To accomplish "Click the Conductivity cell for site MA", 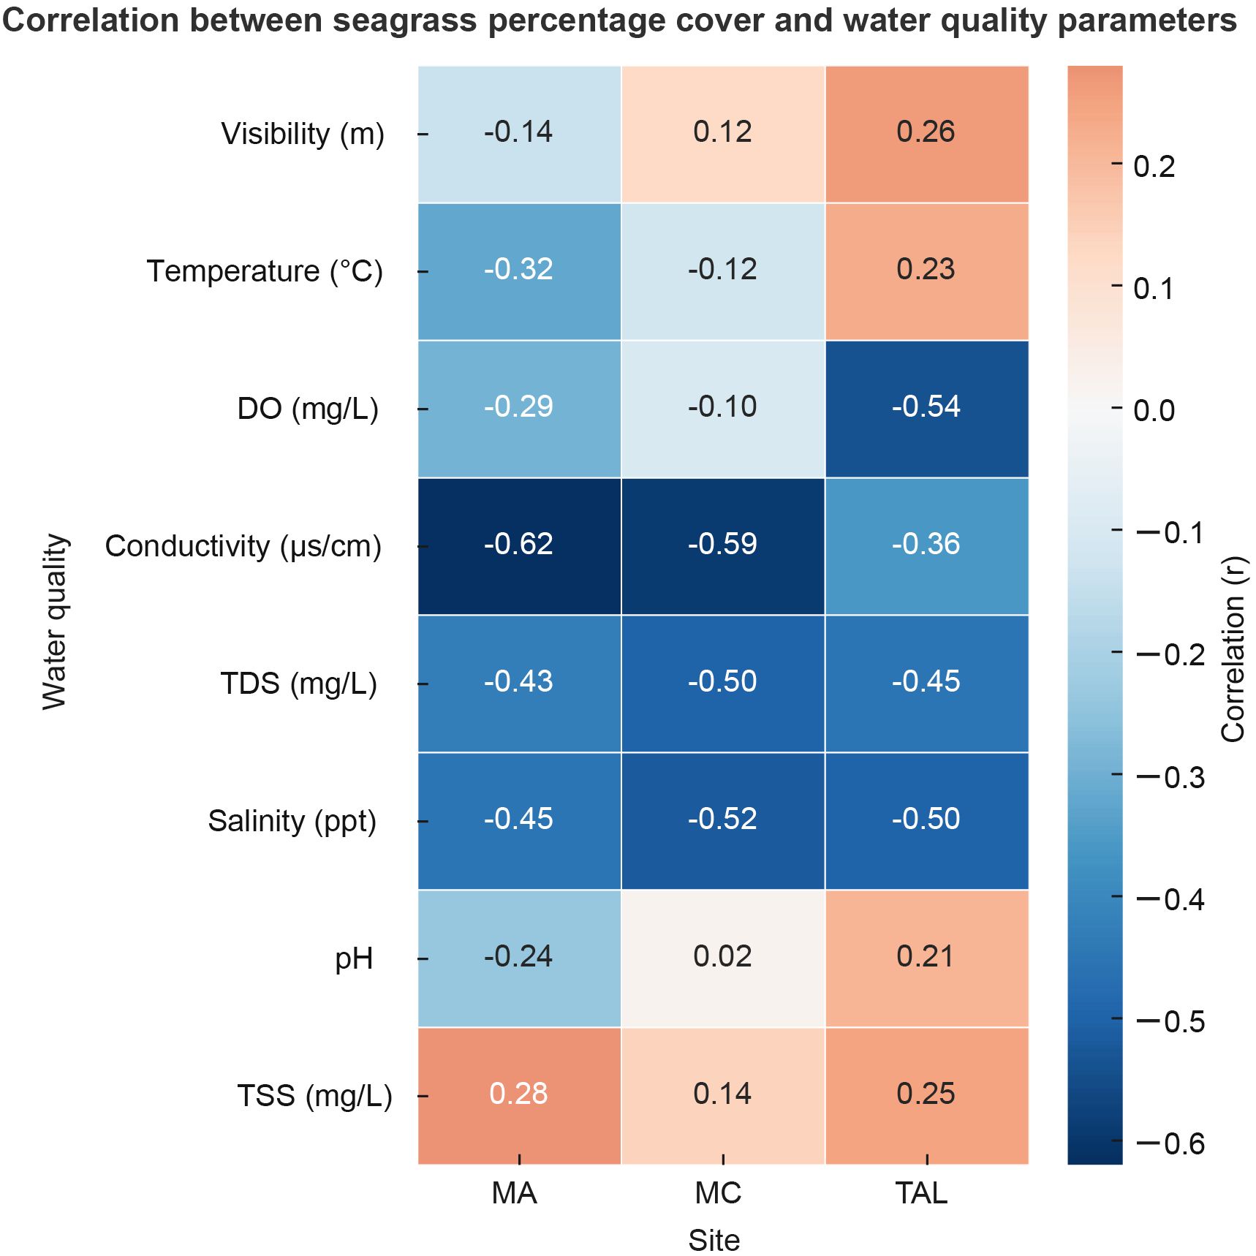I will click(519, 545).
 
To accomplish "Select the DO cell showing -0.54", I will click(926, 408).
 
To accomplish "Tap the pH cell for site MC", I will click(722, 958).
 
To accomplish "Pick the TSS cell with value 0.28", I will click(519, 1094).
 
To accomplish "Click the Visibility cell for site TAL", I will click(926, 133).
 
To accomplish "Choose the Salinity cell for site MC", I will click(722, 820).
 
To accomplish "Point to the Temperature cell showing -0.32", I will click(519, 271).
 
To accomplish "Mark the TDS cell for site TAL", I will click(926, 683).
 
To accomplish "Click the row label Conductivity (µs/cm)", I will click(243, 546).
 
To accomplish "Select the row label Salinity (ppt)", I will click(292, 821).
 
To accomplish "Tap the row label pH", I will click(354, 958).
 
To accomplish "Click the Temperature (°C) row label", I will click(265, 271).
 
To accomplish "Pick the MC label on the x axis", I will click(718, 1193).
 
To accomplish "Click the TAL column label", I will click(922, 1193).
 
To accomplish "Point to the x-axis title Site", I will click(714, 1241).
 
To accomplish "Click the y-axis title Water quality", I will click(55, 621).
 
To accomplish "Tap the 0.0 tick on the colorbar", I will click(1154, 411).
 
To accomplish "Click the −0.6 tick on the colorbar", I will click(1170, 1143).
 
